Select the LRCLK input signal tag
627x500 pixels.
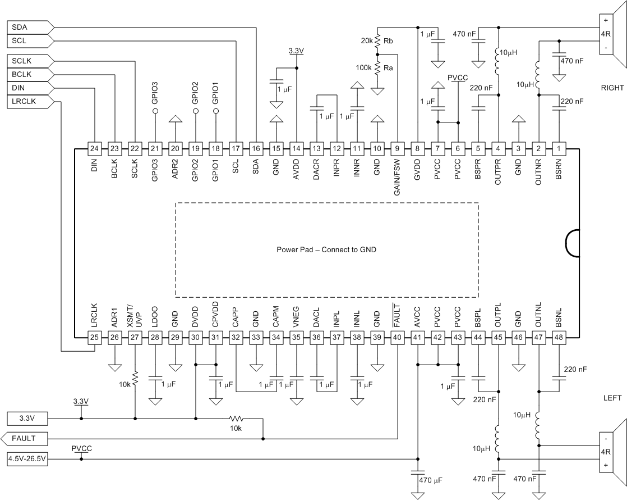31,102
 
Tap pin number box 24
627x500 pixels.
95,149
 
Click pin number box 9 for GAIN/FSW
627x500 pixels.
398,149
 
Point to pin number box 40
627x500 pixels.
398,338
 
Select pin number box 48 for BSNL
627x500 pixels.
559,338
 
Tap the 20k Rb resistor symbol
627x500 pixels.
378,42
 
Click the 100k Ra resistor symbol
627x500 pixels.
378,67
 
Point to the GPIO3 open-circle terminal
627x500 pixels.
155,111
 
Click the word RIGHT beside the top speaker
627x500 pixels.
611,87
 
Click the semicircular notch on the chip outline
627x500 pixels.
573,243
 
